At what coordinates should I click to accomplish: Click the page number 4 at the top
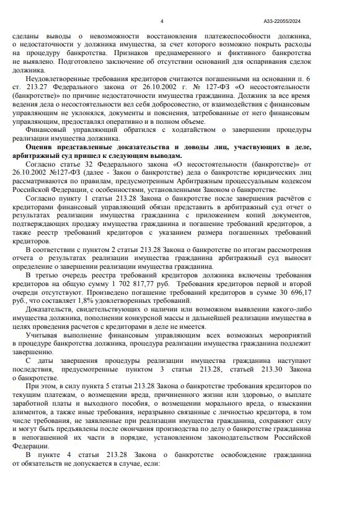[x=162, y=20]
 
